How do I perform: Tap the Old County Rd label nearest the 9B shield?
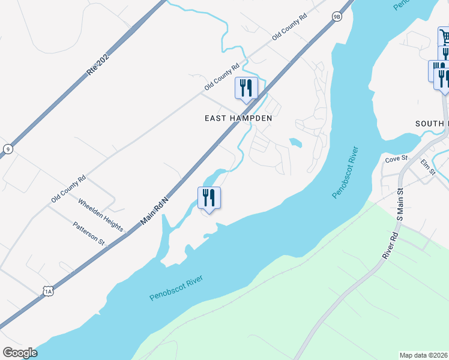[x=289, y=28]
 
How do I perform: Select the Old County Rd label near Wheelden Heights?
[x=68, y=188]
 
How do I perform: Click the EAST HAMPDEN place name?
[x=238, y=118]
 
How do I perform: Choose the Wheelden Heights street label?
[x=100, y=215]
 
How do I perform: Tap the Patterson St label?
[x=89, y=233]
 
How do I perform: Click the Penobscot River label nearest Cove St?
[x=345, y=172]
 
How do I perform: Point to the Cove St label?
[x=396, y=159]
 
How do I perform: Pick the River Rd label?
[x=391, y=246]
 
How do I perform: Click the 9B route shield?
[x=337, y=17]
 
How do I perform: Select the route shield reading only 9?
[x=7, y=149]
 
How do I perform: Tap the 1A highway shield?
[x=49, y=291]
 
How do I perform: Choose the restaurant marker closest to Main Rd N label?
[x=209, y=198]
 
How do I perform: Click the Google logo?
[x=20, y=353]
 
